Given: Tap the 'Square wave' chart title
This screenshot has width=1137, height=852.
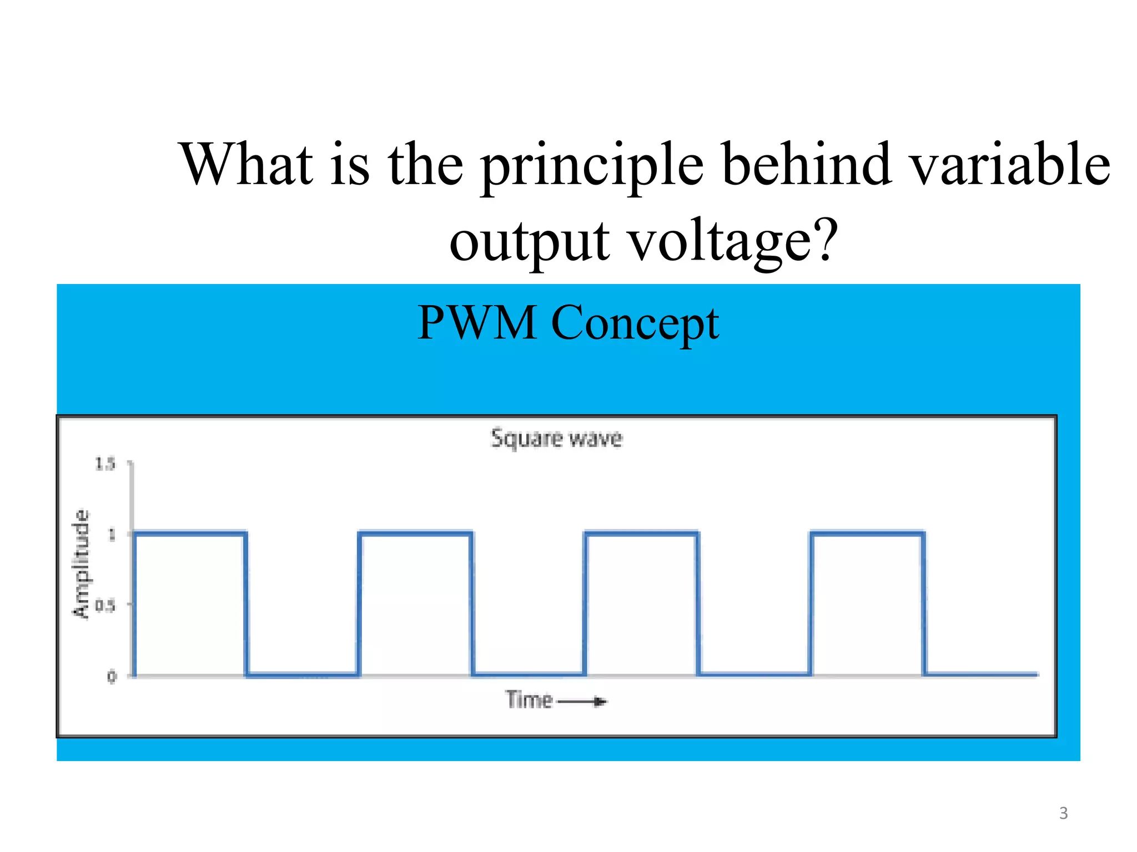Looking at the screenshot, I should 556,438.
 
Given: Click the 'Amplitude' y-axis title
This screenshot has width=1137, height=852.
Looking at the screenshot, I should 82,563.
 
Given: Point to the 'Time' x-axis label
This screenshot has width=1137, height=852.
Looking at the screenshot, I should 529,700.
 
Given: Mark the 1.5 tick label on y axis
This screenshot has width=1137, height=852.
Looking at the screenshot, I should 105,464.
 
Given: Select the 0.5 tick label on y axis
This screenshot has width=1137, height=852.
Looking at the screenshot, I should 105,605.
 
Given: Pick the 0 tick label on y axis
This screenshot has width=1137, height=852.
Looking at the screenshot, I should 112,676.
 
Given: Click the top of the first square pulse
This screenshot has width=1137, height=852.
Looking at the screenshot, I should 190,534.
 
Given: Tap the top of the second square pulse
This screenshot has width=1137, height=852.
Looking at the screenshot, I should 415,534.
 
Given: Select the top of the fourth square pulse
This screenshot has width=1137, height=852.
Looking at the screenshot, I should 867,534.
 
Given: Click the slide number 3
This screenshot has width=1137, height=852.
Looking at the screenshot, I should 1063,813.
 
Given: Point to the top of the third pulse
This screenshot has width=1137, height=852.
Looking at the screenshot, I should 641,534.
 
